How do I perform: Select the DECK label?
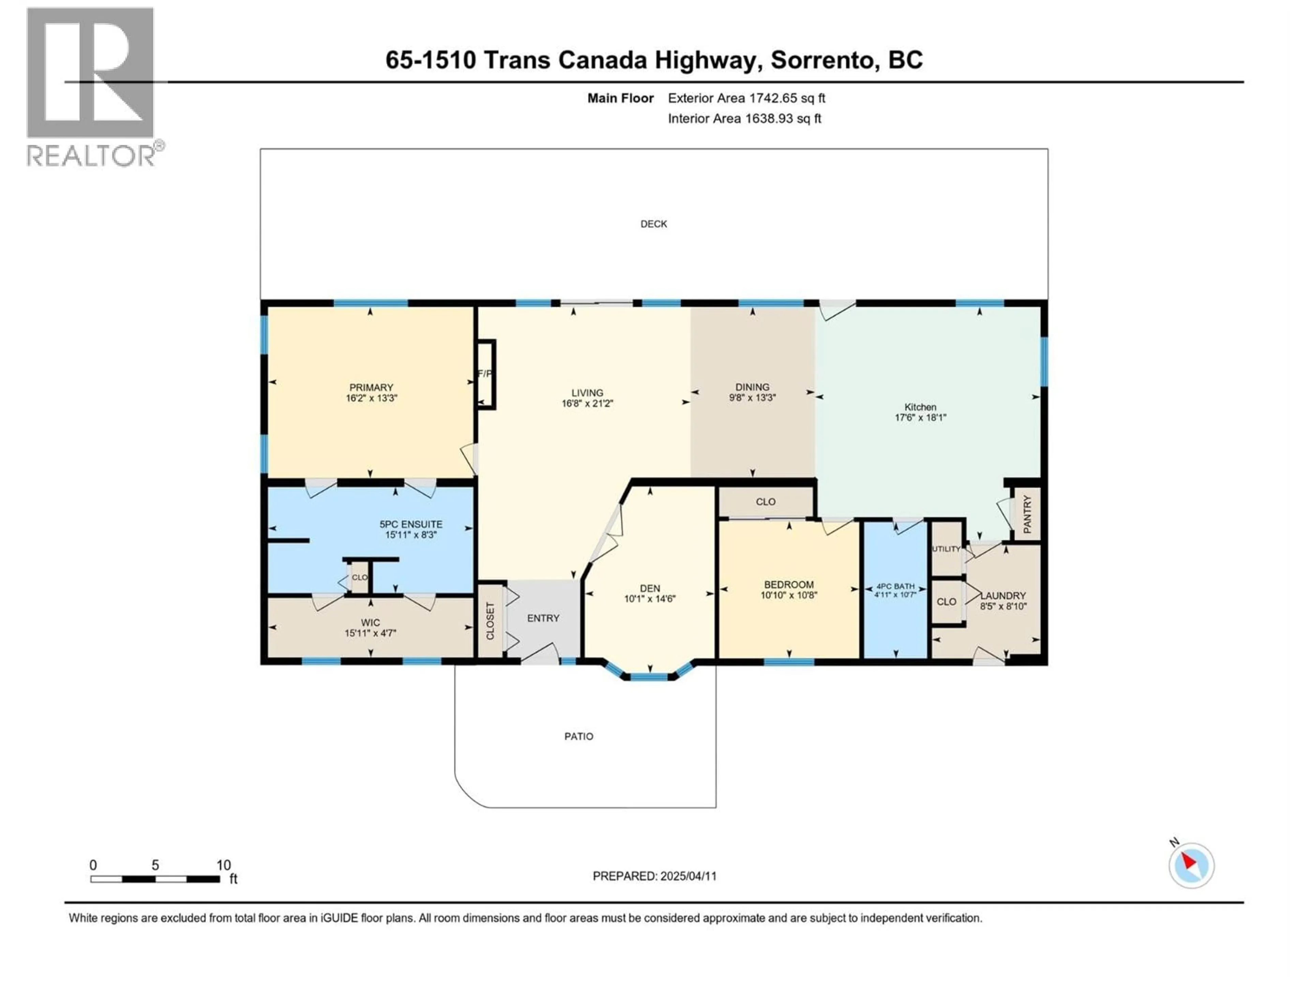[x=653, y=224]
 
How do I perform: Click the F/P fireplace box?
[x=486, y=374]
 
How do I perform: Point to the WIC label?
[x=371, y=623]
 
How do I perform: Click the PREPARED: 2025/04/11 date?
[x=654, y=876]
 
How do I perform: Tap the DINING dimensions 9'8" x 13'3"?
[x=752, y=398]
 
